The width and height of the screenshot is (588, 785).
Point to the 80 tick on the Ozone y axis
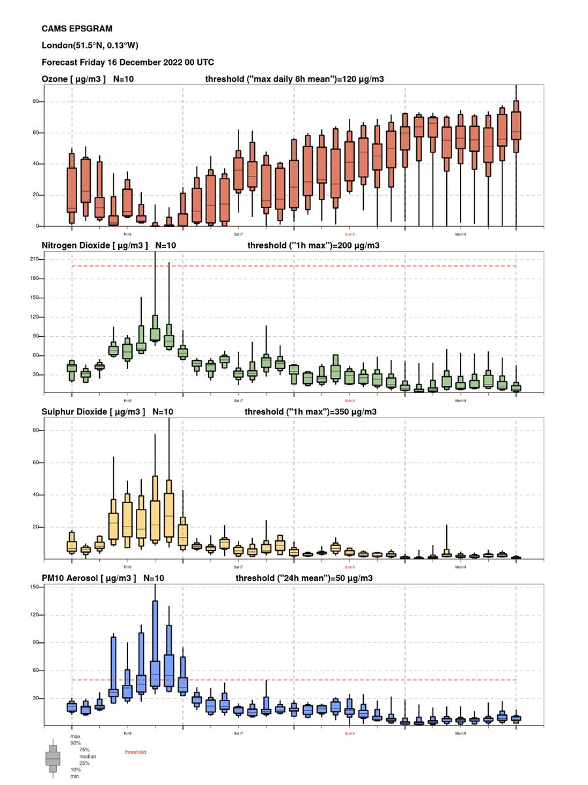tap(38, 101)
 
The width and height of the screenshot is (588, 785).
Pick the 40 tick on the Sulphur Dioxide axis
tap(38, 495)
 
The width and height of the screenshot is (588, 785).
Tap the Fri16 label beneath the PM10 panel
tap(127, 733)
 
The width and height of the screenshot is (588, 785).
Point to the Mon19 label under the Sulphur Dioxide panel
tap(461, 566)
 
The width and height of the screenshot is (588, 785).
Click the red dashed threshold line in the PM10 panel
tap(327, 680)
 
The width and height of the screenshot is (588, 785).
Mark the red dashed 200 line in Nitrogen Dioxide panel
tap(327, 266)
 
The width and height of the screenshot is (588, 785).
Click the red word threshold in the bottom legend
tap(135, 753)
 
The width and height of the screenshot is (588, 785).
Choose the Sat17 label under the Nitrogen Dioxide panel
tap(238, 400)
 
